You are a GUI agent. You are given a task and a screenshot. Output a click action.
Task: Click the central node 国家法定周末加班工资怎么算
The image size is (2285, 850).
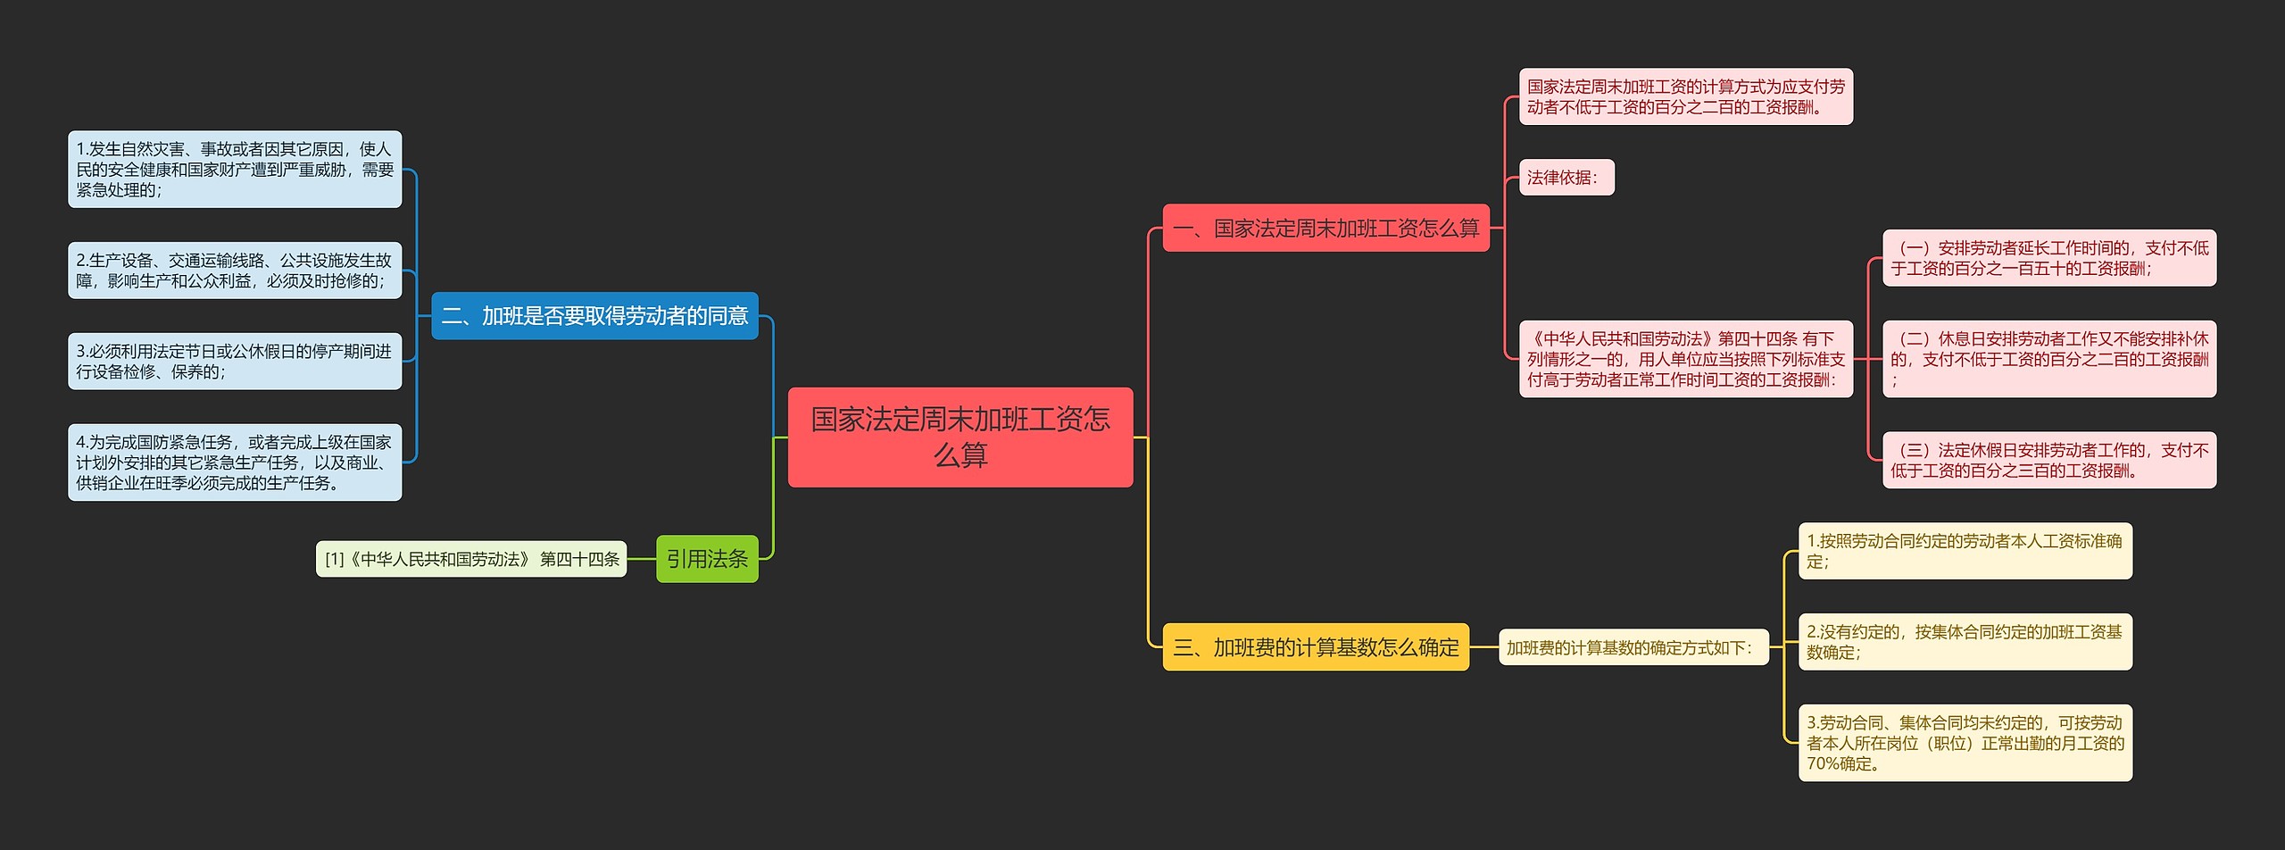960,437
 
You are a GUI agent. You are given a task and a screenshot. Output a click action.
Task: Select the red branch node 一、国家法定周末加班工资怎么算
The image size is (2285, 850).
1325,229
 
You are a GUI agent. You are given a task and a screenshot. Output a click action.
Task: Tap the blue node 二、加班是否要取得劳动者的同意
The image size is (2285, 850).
594,316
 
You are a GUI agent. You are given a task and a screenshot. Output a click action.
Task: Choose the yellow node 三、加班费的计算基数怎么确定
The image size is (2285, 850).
1316,647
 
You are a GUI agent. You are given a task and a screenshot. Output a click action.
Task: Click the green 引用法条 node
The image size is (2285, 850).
707,559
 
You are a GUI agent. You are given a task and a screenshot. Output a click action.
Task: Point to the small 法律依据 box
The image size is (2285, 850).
1566,178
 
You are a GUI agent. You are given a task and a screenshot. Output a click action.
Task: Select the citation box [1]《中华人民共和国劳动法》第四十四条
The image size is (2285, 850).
471,559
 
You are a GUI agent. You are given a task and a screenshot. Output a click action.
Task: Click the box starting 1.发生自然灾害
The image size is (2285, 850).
235,170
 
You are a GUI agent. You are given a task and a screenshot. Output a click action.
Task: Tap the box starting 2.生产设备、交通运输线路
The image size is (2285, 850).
235,271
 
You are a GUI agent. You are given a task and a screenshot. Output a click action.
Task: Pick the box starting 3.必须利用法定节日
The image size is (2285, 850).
235,362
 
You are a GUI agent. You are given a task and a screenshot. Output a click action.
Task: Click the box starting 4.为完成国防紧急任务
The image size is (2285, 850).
235,462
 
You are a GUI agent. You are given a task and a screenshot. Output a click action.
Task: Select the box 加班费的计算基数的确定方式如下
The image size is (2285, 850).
1633,647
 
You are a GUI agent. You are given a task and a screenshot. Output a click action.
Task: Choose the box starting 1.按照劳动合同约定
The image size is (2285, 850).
1965,551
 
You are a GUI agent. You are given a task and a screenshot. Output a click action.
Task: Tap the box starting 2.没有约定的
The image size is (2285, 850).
1965,642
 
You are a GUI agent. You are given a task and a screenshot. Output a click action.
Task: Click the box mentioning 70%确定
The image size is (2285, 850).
1965,743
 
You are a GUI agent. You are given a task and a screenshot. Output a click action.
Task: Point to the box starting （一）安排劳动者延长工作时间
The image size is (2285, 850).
2049,258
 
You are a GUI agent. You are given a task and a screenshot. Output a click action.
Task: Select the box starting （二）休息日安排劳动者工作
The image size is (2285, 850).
2049,359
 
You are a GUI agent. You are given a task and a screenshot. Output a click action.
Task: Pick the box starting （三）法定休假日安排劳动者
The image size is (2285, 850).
2049,460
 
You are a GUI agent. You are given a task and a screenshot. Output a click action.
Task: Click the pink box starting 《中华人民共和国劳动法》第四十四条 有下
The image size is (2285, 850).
1686,359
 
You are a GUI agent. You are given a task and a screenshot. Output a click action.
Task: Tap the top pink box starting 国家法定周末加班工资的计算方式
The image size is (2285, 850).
1686,96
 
